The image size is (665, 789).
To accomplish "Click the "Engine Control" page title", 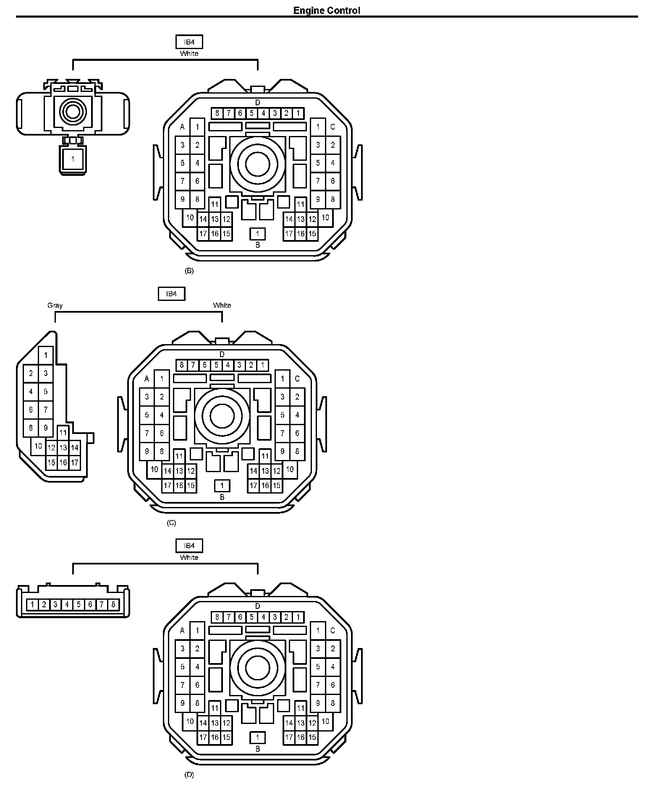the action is (x=326, y=10).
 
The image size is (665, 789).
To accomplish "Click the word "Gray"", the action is (x=55, y=305).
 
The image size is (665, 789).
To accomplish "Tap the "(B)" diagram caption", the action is (x=189, y=271).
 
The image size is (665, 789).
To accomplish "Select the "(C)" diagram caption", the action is (x=171, y=523).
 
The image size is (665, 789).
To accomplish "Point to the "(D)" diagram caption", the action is (x=189, y=775).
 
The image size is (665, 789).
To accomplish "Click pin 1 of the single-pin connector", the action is (x=73, y=159).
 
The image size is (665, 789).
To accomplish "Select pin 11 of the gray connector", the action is (x=63, y=433).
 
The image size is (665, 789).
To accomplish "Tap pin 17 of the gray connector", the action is (x=75, y=463).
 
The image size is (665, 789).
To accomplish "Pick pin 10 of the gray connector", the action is (x=38, y=446).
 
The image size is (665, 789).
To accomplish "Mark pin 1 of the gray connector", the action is (x=46, y=355).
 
